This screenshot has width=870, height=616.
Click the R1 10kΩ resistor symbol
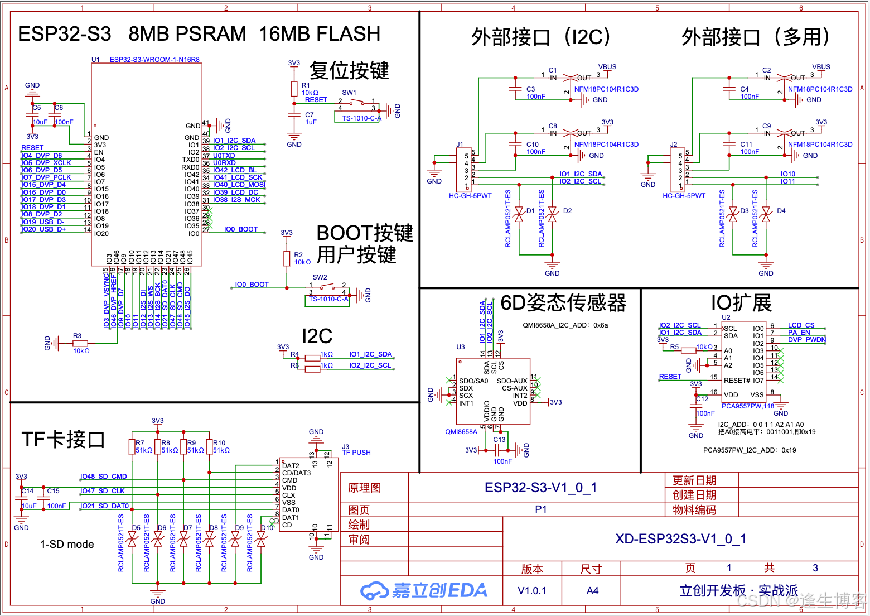[294, 89]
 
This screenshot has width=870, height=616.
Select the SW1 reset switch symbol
[357, 103]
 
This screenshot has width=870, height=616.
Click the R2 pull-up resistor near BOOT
[287, 258]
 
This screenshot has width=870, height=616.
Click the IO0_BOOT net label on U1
[240, 229]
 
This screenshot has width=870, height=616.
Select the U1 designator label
[95, 60]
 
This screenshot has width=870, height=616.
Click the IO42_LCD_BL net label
[235, 170]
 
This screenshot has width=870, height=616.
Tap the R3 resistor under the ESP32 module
[80, 343]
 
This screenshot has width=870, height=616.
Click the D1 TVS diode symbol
[519, 215]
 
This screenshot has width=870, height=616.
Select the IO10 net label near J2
[787, 174]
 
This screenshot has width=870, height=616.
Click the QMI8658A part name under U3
[461, 431]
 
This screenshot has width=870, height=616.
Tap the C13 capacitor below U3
[497, 450]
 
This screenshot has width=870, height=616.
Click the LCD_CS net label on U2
[801, 325]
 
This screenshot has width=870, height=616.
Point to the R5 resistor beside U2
[688, 351]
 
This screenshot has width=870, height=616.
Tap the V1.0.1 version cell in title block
[532, 591]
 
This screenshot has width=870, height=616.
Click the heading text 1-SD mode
[67, 545]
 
